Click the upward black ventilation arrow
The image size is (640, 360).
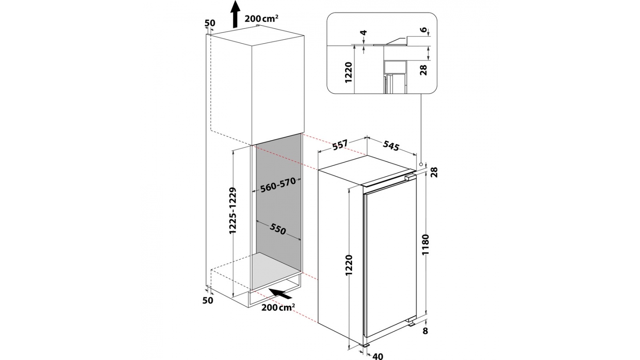235,14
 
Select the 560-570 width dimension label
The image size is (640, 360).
278,184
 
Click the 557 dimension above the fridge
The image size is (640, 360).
339,146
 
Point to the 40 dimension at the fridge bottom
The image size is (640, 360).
378,356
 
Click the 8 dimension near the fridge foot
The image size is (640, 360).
425,331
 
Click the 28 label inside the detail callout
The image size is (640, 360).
424,70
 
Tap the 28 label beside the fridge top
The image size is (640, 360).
435,172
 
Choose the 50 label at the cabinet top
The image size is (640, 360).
210,23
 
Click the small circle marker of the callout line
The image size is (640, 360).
421,164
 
